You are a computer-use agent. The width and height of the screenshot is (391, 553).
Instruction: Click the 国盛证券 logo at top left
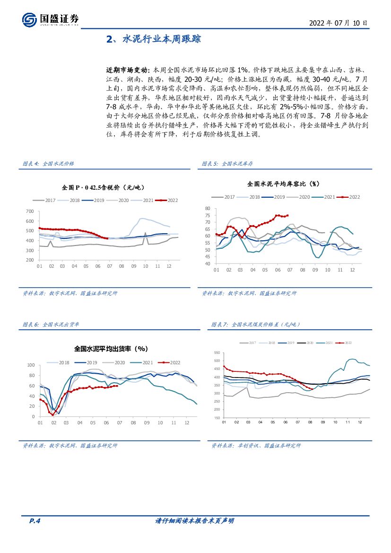[50, 19]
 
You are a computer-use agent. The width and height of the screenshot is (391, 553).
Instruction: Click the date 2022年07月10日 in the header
[338, 23]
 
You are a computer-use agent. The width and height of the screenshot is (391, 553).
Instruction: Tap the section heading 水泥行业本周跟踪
[154, 39]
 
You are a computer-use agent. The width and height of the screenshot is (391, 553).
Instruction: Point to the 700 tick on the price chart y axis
[29, 211]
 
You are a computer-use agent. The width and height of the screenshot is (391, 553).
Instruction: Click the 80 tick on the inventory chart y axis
[207, 209]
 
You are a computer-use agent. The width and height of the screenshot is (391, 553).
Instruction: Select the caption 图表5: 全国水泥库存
[227, 164]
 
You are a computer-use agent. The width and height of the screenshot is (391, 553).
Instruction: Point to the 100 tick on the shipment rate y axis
[31, 365]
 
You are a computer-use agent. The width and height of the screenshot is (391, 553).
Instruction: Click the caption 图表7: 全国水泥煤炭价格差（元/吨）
[256, 325]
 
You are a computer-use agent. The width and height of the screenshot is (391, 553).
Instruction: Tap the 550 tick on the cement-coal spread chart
[217, 353]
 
